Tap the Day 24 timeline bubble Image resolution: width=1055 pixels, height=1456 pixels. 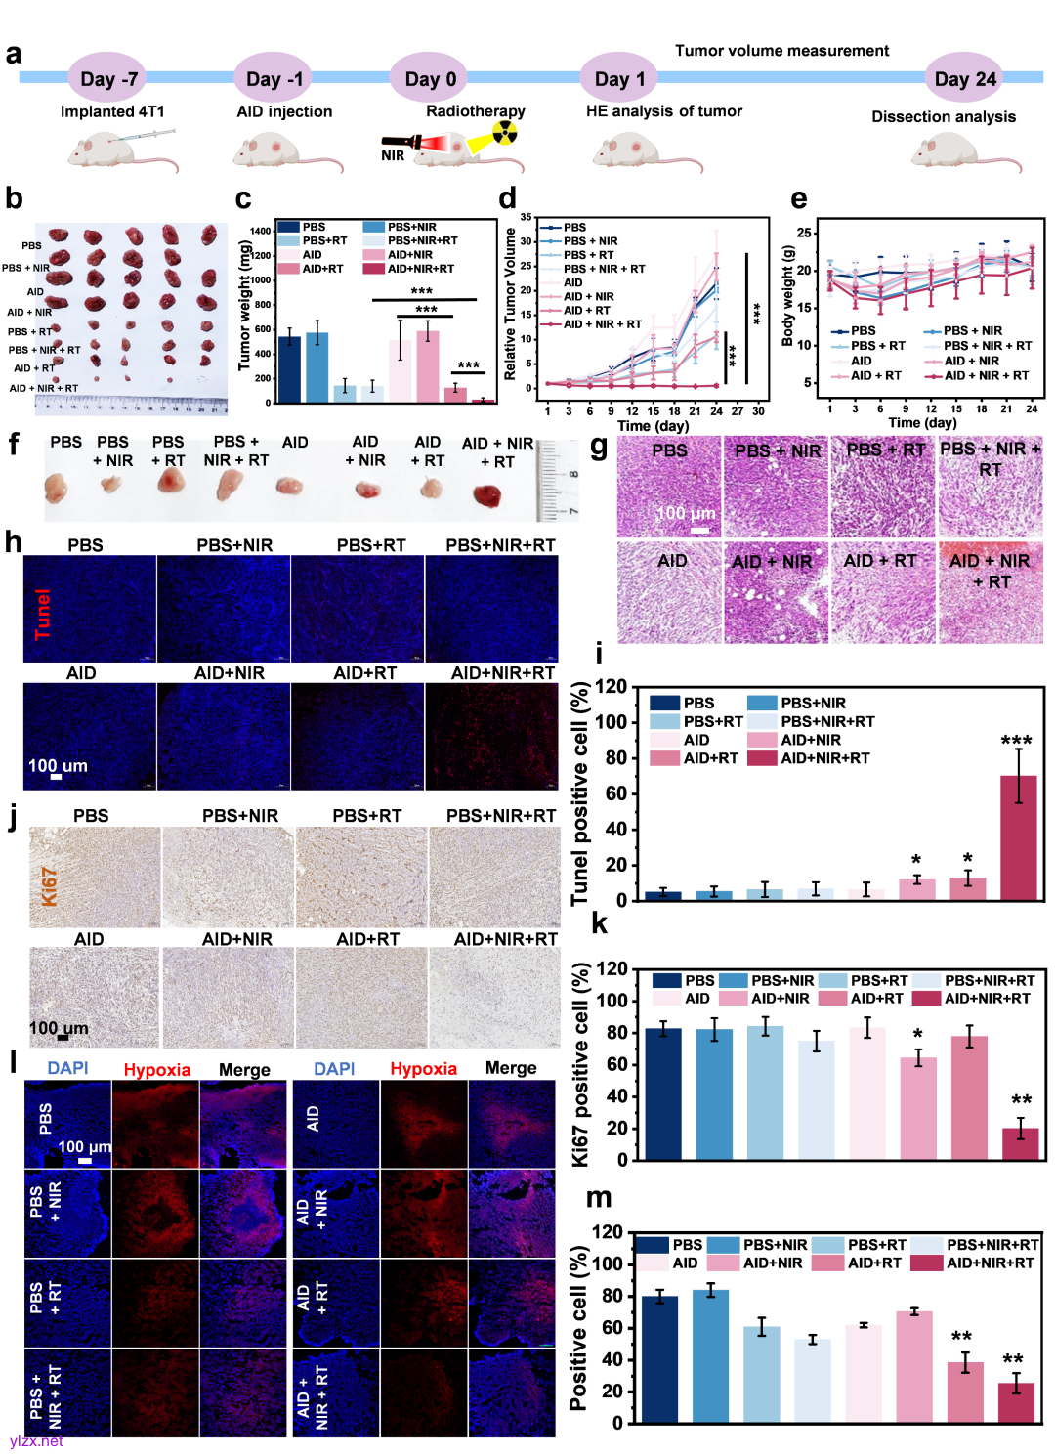(x=965, y=78)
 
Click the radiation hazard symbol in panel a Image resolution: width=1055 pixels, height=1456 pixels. (x=504, y=132)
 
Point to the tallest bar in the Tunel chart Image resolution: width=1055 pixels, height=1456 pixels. (x=1019, y=836)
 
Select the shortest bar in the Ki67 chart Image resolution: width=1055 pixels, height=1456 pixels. (x=1020, y=1143)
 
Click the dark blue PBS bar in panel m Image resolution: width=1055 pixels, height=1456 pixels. (x=659, y=1358)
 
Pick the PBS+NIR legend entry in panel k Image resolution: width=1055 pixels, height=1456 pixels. (x=767, y=980)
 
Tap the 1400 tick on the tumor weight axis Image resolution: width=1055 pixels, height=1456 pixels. (x=260, y=232)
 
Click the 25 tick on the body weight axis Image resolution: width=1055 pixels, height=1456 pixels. (x=803, y=233)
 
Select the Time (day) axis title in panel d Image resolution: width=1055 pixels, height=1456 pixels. (x=653, y=425)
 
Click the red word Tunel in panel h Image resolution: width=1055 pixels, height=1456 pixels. (x=42, y=614)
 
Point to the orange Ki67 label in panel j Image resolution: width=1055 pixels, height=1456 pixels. (x=49, y=886)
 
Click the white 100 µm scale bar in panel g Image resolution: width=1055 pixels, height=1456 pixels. (x=699, y=530)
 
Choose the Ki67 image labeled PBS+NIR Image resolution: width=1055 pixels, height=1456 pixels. (x=228, y=877)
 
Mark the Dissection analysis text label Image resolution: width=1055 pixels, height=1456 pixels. (x=944, y=116)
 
